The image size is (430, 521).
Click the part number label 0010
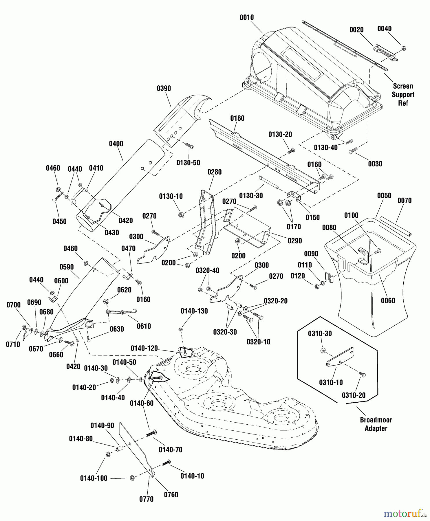(246, 18)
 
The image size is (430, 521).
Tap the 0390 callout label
(164, 89)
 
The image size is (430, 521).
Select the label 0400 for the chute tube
(116, 144)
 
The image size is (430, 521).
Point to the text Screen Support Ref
(403, 95)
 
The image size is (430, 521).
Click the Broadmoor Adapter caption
(376, 424)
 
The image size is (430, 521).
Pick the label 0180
(237, 118)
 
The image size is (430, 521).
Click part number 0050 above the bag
(384, 196)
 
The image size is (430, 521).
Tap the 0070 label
(404, 201)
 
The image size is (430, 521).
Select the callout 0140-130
(194, 311)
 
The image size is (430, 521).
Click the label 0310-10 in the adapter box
(331, 383)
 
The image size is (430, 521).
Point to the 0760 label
(171, 495)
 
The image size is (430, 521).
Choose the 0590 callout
(67, 267)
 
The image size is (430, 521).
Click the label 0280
(214, 172)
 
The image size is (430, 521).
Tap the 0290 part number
(294, 241)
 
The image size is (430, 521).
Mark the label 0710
(13, 344)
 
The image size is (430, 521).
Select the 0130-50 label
(188, 163)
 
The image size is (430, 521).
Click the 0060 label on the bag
(388, 301)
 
